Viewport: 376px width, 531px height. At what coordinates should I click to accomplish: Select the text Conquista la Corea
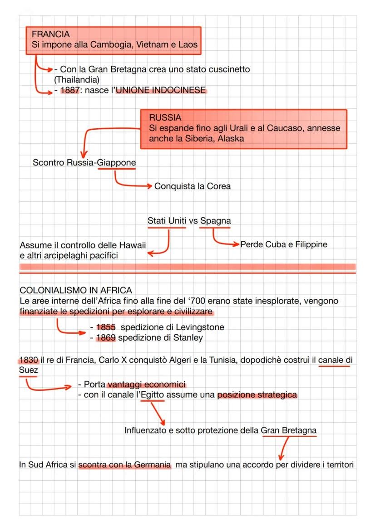point(193,186)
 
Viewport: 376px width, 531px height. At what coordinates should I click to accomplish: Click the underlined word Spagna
point(215,221)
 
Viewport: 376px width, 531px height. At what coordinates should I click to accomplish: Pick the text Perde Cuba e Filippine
point(284,245)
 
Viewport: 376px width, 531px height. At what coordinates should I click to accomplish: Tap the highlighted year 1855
point(106,327)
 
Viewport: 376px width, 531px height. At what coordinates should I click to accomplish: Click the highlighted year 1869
point(106,338)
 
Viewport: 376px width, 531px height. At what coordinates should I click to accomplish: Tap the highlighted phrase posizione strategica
point(257,395)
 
